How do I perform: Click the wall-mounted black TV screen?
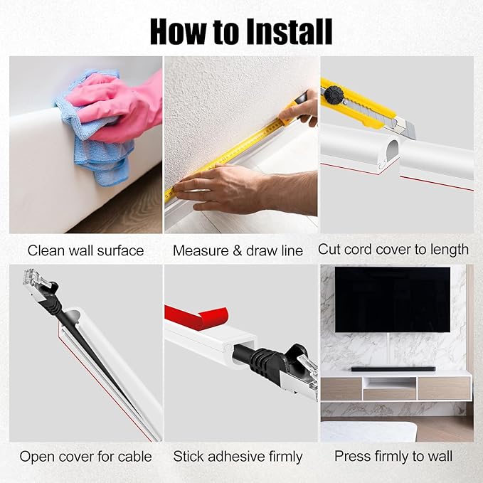pyautogui.click(x=393, y=299)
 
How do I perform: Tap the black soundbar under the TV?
pyautogui.click(x=393, y=368)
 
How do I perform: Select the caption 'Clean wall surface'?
pyautogui.click(x=85, y=250)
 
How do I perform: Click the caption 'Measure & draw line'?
pyautogui.click(x=238, y=250)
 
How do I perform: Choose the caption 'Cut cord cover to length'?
pyautogui.click(x=393, y=250)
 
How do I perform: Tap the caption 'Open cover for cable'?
pyautogui.click(x=85, y=456)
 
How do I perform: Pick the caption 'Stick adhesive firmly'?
pyautogui.click(x=238, y=457)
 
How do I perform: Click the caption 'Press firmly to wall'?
pyautogui.click(x=393, y=456)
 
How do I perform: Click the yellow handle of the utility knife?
pyautogui.click(x=357, y=102)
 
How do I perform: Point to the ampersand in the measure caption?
pyautogui.click(x=237, y=250)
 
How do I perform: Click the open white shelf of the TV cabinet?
pyautogui.click(x=389, y=383)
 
